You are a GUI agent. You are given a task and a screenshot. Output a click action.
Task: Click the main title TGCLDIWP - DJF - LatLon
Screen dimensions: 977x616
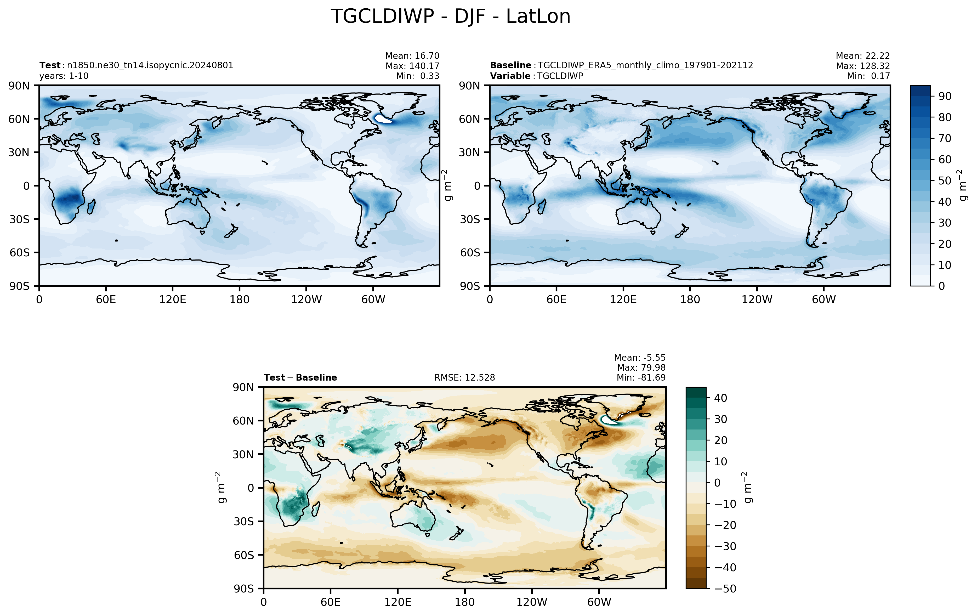point(450,17)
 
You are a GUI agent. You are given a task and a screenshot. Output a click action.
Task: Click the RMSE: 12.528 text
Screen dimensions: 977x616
point(464,378)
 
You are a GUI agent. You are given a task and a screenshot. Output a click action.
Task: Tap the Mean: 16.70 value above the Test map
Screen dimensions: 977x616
point(412,56)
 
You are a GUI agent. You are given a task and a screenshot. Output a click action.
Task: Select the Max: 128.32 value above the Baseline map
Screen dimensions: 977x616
point(863,66)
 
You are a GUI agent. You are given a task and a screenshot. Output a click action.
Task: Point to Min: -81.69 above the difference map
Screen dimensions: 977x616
point(641,377)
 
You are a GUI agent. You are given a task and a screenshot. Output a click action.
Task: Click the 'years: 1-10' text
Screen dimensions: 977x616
point(64,76)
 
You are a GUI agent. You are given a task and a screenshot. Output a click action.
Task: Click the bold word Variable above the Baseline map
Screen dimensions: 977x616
point(510,76)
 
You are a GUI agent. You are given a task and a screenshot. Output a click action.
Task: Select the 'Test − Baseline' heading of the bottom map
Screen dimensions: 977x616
point(300,378)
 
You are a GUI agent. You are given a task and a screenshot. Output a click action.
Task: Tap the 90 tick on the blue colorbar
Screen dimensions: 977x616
point(945,96)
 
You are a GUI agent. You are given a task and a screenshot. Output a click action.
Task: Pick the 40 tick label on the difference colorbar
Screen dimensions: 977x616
point(720,398)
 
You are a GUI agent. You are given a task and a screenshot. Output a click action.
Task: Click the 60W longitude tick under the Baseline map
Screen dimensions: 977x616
point(824,300)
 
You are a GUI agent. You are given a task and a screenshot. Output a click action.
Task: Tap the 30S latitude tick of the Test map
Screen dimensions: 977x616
point(19,219)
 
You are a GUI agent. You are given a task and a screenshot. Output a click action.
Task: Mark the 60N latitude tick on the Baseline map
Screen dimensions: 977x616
point(469,119)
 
